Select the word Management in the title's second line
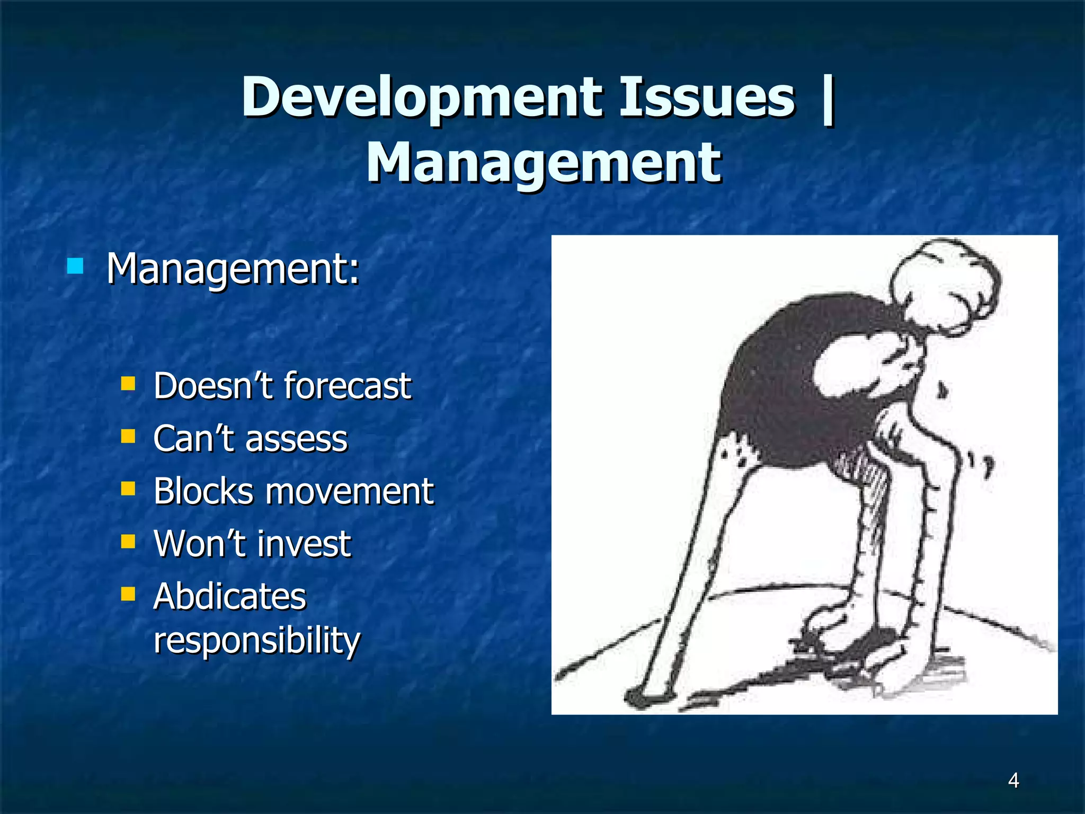coord(543,163)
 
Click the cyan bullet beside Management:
coord(75,266)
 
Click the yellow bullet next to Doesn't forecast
coord(128,383)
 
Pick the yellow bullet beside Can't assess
coord(128,436)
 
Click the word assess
coord(296,439)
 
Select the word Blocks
coord(203,491)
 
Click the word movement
coord(350,491)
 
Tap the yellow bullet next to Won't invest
coord(128,541)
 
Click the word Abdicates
coord(230,596)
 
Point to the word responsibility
coord(256,641)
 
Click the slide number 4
coord(1013,781)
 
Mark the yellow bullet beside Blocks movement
coord(128,488)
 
